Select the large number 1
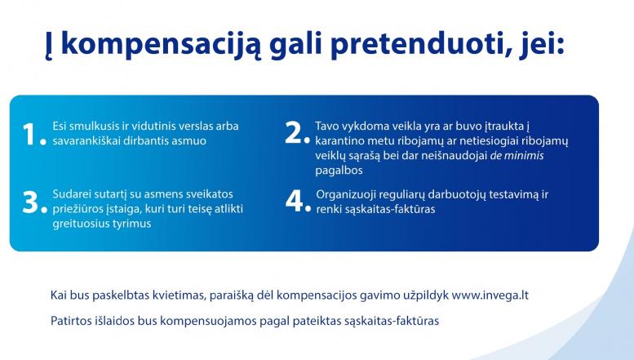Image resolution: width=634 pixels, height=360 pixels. [29, 134]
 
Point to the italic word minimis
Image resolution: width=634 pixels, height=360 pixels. [524, 156]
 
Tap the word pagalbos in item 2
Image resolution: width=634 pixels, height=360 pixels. [339, 171]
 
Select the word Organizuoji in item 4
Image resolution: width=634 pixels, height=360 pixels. [343, 195]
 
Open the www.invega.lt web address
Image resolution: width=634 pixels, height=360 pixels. [490, 296]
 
